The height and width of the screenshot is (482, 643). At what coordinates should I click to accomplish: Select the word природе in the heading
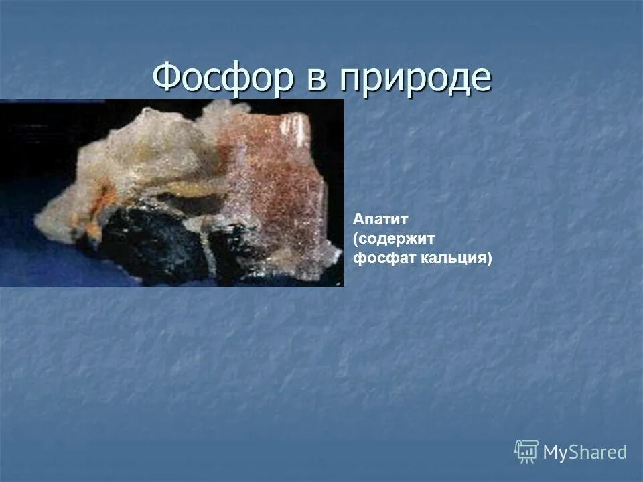[x=415, y=80]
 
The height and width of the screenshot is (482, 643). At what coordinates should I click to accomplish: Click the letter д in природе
[x=459, y=80]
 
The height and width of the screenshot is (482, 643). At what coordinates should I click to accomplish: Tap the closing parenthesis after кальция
[x=488, y=259]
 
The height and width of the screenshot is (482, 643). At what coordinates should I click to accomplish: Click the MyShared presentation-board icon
[x=526, y=451]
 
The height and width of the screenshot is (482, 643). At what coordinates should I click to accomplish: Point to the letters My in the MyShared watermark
[x=555, y=453]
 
